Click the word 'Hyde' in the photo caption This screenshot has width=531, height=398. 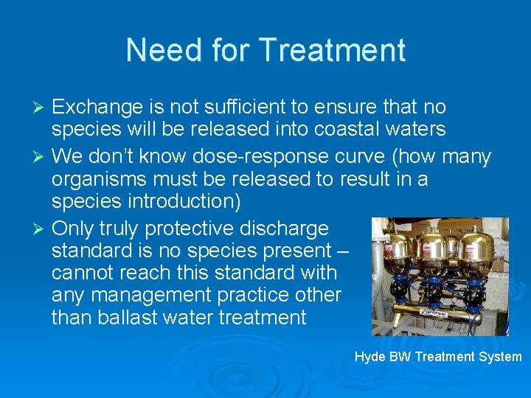(x=370, y=357)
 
